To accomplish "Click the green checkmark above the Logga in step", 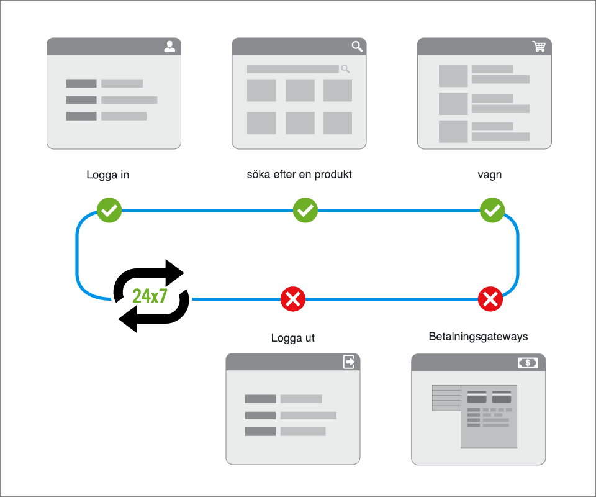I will (109, 211).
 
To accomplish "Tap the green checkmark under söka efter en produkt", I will (305, 211).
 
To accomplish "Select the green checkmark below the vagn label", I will (492, 211).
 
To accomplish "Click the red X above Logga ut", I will (293, 299).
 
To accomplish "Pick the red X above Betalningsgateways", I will (490, 299).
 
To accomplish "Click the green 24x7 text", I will (150, 296).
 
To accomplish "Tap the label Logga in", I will (107, 175).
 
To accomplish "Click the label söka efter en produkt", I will (299, 175).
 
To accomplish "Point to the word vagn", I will (490, 175).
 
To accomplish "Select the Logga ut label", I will (293, 339).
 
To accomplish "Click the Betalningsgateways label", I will (478, 337).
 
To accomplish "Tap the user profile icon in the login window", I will (169, 47).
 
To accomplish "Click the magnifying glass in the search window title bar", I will (357, 47).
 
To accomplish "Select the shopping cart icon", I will (539, 47).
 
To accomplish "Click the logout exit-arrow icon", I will (350, 362).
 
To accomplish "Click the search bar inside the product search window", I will (292, 69).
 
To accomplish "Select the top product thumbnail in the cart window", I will (453, 76).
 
